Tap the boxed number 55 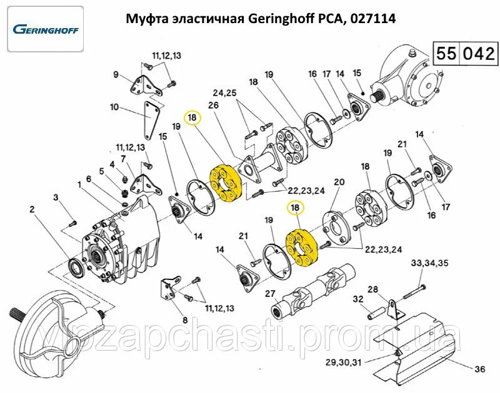click(x=446, y=54)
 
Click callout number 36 click(x=479, y=369)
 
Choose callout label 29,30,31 click(x=343, y=362)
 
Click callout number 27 click(x=269, y=293)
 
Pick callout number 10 click(x=114, y=107)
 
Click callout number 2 click(x=32, y=210)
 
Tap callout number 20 click(x=339, y=182)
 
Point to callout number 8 click(x=185, y=320)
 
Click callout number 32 click(x=358, y=299)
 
